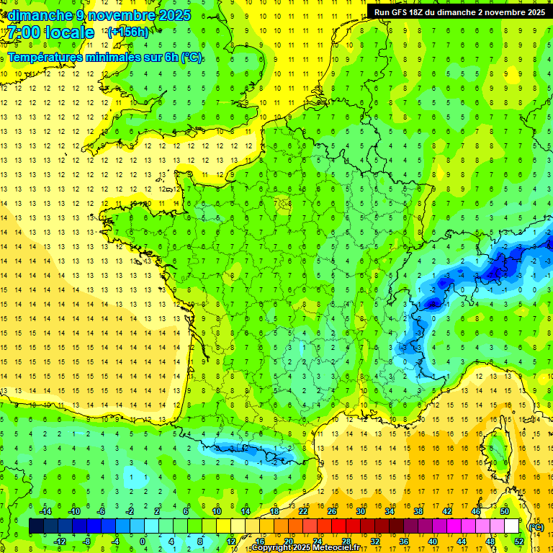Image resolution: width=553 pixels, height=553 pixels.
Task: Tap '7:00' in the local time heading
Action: (x=23, y=32)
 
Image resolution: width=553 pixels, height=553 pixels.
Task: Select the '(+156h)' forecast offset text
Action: (x=128, y=32)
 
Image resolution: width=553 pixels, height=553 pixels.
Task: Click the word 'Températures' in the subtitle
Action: (x=49, y=57)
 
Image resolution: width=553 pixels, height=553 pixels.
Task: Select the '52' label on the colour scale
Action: (x=518, y=541)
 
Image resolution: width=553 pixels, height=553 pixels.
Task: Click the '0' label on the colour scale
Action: (x=143, y=541)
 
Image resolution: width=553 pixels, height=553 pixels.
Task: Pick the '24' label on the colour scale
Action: (x=317, y=541)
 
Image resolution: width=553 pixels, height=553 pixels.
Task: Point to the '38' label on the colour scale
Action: (x=418, y=511)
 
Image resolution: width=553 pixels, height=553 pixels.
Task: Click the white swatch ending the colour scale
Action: (x=511, y=526)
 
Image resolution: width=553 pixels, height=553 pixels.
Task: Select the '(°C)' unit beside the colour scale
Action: (x=536, y=527)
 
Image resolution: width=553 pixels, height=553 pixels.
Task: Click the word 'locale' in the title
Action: (x=69, y=32)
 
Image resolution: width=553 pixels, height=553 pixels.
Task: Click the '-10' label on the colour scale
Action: (x=73, y=511)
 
